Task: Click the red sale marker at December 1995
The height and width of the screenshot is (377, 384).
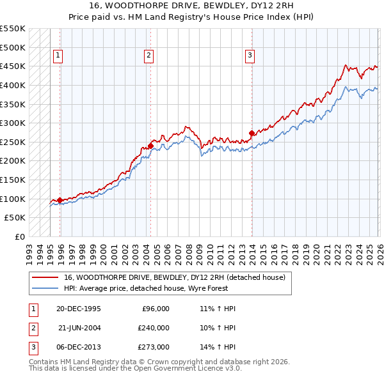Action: point(60,200)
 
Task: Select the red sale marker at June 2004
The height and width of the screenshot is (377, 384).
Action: point(150,146)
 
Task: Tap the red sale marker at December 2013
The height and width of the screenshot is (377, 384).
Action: point(252,133)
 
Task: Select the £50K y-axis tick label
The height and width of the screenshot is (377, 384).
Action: point(15,218)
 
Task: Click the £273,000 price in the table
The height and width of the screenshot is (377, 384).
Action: point(153,347)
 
